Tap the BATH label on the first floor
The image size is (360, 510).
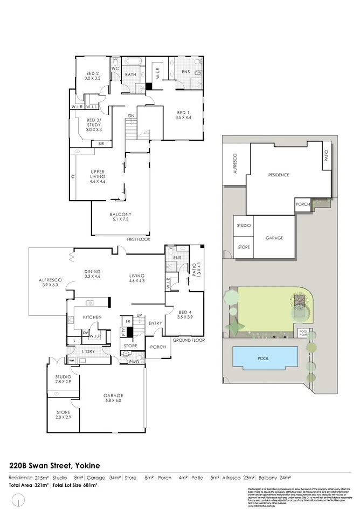click(x=131, y=75)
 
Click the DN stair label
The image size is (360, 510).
click(x=131, y=116)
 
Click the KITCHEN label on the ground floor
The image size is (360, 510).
click(x=92, y=318)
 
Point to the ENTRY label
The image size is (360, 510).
click(x=155, y=323)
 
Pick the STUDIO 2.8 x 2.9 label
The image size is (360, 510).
click(x=63, y=379)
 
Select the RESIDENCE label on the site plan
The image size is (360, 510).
click(x=279, y=175)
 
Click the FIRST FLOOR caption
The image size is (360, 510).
click(x=138, y=239)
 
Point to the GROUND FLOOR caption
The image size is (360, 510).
click(x=188, y=340)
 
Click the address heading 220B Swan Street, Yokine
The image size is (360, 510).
click(x=55, y=465)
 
